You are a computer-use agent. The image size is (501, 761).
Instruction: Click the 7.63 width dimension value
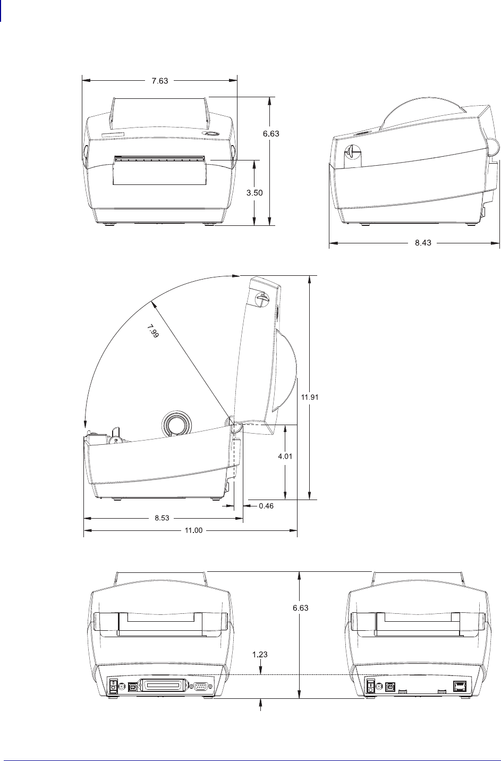(159, 81)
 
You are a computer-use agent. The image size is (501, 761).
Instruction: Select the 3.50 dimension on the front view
(254, 192)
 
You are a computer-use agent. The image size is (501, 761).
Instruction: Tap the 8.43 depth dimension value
(423, 242)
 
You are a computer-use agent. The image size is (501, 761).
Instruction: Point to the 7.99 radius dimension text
(153, 331)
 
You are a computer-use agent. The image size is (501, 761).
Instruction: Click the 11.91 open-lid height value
(310, 397)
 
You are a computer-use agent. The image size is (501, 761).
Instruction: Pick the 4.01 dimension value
(285, 456)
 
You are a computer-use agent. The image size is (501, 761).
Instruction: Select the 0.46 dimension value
(266, 506)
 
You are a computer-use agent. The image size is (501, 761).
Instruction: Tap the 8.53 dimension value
(162, 518)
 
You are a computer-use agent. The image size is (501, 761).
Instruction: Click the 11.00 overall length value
(193, 530)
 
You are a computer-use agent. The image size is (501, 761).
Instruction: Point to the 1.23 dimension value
(260, 654)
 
